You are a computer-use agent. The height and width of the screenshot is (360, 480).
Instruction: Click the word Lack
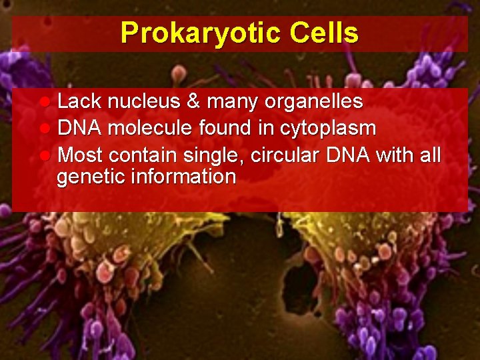pos(79,101)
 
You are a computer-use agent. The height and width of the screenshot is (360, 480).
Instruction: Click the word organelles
pos(314,102)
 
